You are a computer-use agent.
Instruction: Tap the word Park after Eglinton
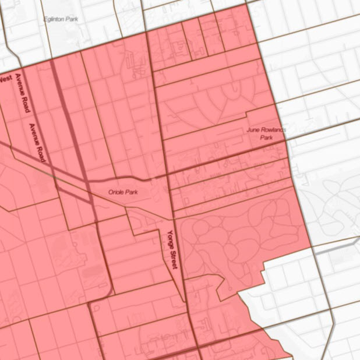72,19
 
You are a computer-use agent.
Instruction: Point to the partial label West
5,77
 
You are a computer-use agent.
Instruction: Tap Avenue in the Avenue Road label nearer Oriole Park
34,133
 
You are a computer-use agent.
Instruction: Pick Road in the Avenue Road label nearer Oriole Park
42,153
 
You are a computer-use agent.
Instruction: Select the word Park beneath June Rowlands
266,138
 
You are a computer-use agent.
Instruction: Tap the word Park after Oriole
132,192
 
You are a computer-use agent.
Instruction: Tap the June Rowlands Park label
266,133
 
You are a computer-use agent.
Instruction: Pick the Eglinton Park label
61,19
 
